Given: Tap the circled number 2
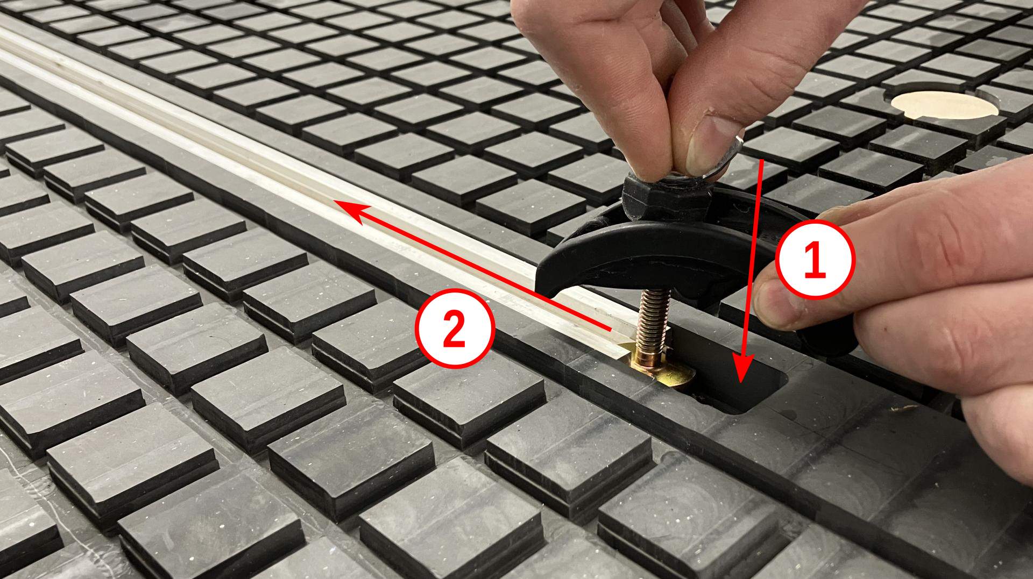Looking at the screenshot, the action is [454, 329].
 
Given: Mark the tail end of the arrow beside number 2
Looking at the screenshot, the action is [611, 328].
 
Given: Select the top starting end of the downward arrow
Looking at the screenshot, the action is [762, 160].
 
